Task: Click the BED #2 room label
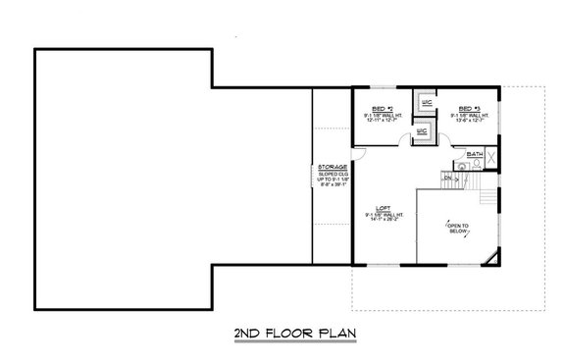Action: click(x=384, y=108)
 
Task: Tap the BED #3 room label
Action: click(x=469, y=108)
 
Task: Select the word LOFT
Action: click(x=384, y=208)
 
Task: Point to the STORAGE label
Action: click(x=332, y=167)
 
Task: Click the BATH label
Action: click(x=475, y=155)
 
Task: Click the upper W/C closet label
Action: click(x=427, y=101)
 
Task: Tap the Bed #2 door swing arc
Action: click(x=403, y=142)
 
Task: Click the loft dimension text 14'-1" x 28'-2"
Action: click(x=384, y=220)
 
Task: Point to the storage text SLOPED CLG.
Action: click(x=332, y=174)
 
